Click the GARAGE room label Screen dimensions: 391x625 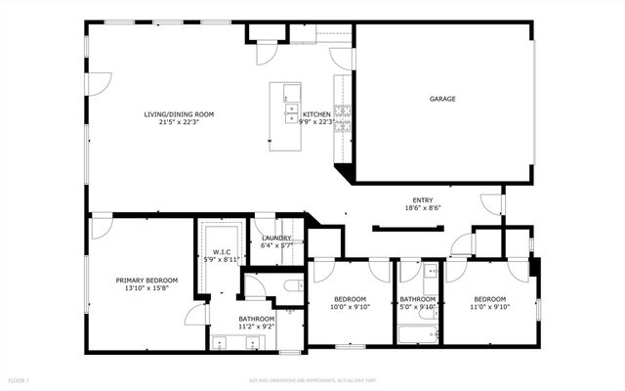point(442,99)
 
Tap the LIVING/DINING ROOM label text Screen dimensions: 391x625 point(179,114)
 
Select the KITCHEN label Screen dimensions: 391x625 point(316,114)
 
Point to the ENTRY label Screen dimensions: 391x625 point(422,200)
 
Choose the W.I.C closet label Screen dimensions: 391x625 point(222,252)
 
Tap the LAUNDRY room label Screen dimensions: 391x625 point(277,238)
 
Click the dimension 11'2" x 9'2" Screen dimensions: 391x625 point(257,327)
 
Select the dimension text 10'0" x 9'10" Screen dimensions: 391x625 point(351,307)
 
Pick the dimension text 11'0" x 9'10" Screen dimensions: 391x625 point(489,307)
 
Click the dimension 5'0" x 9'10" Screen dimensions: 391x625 point(418,307)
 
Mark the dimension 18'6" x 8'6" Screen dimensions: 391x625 point(422,208)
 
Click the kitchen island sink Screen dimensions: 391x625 point(291,107)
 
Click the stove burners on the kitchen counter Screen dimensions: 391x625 point(342,118)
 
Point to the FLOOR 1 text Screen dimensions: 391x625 point(20,379)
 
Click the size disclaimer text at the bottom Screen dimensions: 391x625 point(312,379)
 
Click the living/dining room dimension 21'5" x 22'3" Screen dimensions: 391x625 point(179,122)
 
